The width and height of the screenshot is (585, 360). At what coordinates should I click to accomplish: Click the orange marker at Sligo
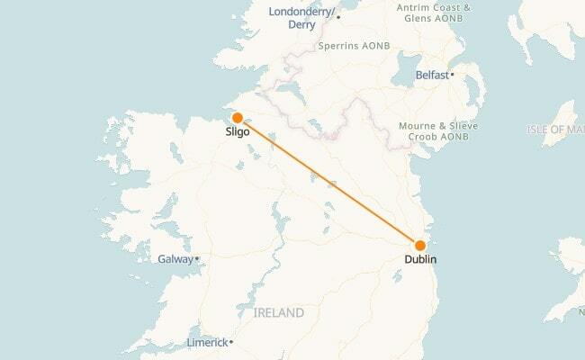pyautogui.click(x=237, y=117)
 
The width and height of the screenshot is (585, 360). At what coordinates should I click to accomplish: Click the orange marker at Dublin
pyautogui.click(x=419, y=245)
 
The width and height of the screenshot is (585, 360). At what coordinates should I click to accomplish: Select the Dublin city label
pyautogui.click(x=420, y=259)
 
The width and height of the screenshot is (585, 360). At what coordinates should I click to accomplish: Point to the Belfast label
pyautogui.click(x=432, y=75)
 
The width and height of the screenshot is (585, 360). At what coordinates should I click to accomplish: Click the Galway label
pyautogui.click(x=175, y=258)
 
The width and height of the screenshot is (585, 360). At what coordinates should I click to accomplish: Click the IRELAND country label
pyautogui.click(x=278, y=312)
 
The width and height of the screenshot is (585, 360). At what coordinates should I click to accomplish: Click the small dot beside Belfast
pyautogui.click(x=452, y=75)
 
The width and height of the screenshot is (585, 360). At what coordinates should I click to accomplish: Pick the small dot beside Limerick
pyautogui.click(x=231, y=343)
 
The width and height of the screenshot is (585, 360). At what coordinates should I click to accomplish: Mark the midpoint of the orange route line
pyautogui.click(x=328, y=181)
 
